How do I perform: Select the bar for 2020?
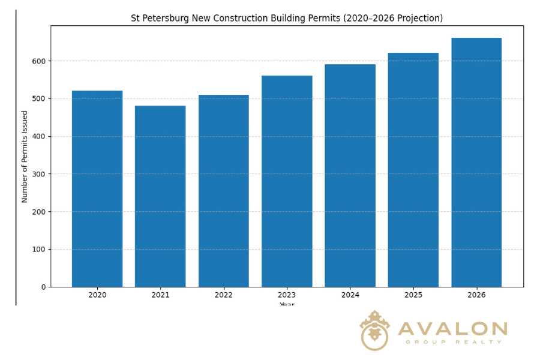tap(97, 189)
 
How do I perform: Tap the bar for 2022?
tap(224, 191)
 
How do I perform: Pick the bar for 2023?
tap(287, 181)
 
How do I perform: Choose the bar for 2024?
tap(350, 176)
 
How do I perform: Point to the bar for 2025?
tap(413, 170)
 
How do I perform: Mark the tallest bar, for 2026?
tap(476, 163)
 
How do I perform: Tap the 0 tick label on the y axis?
tap(44, 287)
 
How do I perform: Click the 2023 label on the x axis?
tap(287, 295)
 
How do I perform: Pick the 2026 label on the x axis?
tap(476, 295)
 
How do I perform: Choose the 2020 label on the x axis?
tap(97, 295)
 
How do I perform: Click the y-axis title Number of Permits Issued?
tap(25, 157)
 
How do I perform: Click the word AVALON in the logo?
tap(452, 329)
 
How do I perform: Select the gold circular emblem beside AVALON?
tap(374, 331)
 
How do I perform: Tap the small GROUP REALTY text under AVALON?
tap(454, 342)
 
